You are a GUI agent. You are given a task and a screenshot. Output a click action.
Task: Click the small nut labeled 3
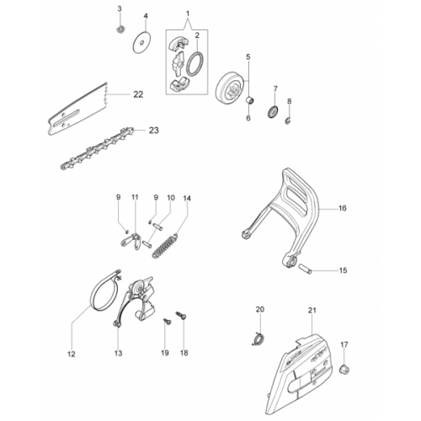click(120, 29)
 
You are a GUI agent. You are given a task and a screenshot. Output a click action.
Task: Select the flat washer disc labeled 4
click(141, 43)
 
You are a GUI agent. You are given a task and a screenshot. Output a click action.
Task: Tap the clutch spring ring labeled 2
click(195, 64)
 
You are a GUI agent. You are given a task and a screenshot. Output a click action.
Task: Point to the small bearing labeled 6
click(250, 99)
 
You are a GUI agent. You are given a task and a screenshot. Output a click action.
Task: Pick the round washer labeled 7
click(272, 111)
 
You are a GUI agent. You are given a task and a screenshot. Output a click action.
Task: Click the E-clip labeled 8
click(289, 120)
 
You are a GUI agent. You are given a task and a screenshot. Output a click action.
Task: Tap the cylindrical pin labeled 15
click(305, 269)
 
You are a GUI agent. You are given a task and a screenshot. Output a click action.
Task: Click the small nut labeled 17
click(344, 369)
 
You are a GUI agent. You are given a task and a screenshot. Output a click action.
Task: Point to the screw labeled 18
click(181, 316)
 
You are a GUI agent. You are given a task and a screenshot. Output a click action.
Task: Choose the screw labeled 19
click(168, 322)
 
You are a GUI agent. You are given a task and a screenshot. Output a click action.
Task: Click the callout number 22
click(138, 94)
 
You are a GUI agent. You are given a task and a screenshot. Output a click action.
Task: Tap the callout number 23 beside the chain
click(153, 131)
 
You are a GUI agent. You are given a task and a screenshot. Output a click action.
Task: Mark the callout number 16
click(343, 208)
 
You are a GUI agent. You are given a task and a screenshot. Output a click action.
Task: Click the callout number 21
click(312, 310)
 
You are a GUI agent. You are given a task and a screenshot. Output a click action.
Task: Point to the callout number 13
click(119, 353)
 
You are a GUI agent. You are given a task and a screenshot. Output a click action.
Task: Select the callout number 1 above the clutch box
click(188, 13)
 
